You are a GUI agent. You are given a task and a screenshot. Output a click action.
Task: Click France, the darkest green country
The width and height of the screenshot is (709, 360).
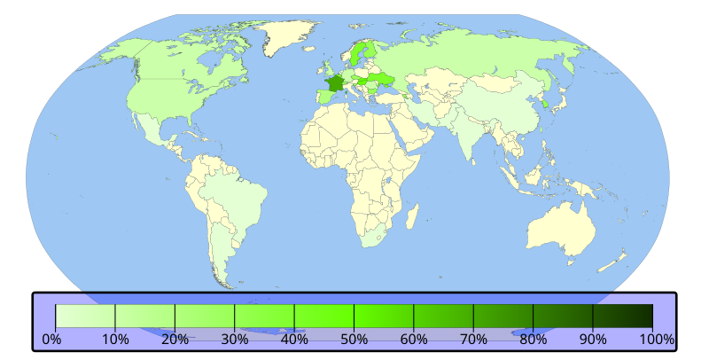(334, 84)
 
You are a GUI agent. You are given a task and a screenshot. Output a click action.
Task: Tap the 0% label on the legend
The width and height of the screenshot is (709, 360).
(51, 339)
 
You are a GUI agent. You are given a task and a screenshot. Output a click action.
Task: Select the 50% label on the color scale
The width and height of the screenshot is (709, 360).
(354, 339)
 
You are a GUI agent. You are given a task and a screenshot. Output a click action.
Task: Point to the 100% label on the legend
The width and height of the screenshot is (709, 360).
(656, 339)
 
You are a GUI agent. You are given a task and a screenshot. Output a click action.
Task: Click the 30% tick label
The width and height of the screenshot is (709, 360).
(234, 339)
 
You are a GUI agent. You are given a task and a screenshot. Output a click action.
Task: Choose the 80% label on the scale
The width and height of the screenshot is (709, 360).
(534, 339)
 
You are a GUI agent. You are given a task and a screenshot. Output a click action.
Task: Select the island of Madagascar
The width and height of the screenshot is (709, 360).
(412, 215)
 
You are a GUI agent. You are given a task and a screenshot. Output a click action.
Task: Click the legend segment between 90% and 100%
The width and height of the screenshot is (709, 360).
(623, 317)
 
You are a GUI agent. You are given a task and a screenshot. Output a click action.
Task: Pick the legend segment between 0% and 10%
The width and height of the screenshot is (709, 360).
(85, 317)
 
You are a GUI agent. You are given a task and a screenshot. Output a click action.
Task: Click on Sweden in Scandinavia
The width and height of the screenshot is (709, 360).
(359, 55)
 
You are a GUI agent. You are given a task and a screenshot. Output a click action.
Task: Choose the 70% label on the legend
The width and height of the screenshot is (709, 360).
(473, 339)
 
